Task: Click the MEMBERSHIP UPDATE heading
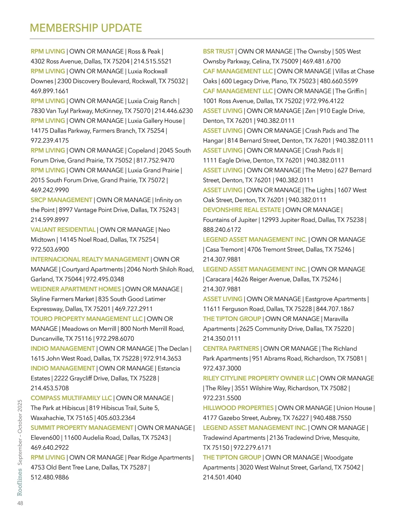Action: tap(86, 28)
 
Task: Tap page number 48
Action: tap(20, 503)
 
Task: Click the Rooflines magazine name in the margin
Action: tap(20, 481)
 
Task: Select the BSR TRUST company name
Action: tap(218, 51)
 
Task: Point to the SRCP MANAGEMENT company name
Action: tap(61, 200)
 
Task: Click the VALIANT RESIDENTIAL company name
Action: tap(63, 230)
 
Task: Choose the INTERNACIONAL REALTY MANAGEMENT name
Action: tap(90, 259)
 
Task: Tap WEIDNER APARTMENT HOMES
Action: tap(76, 289)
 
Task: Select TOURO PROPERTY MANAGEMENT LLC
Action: tap(87, 319)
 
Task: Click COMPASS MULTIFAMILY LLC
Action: tap(71, 398)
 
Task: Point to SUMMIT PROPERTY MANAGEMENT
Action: tap(82, 428)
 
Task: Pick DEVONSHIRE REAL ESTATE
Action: tap(242, 210)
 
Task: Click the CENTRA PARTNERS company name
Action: tap(231, 349)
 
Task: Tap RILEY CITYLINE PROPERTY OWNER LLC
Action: tap(259, 378)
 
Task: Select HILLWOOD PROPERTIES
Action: tap(238, 408)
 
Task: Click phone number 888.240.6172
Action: tap(222, 230)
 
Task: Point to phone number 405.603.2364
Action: tap(116, 418)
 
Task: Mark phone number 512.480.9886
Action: tap(50, 477)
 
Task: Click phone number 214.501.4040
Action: tap(222, 477)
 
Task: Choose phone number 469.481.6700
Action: tap(321, 61)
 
